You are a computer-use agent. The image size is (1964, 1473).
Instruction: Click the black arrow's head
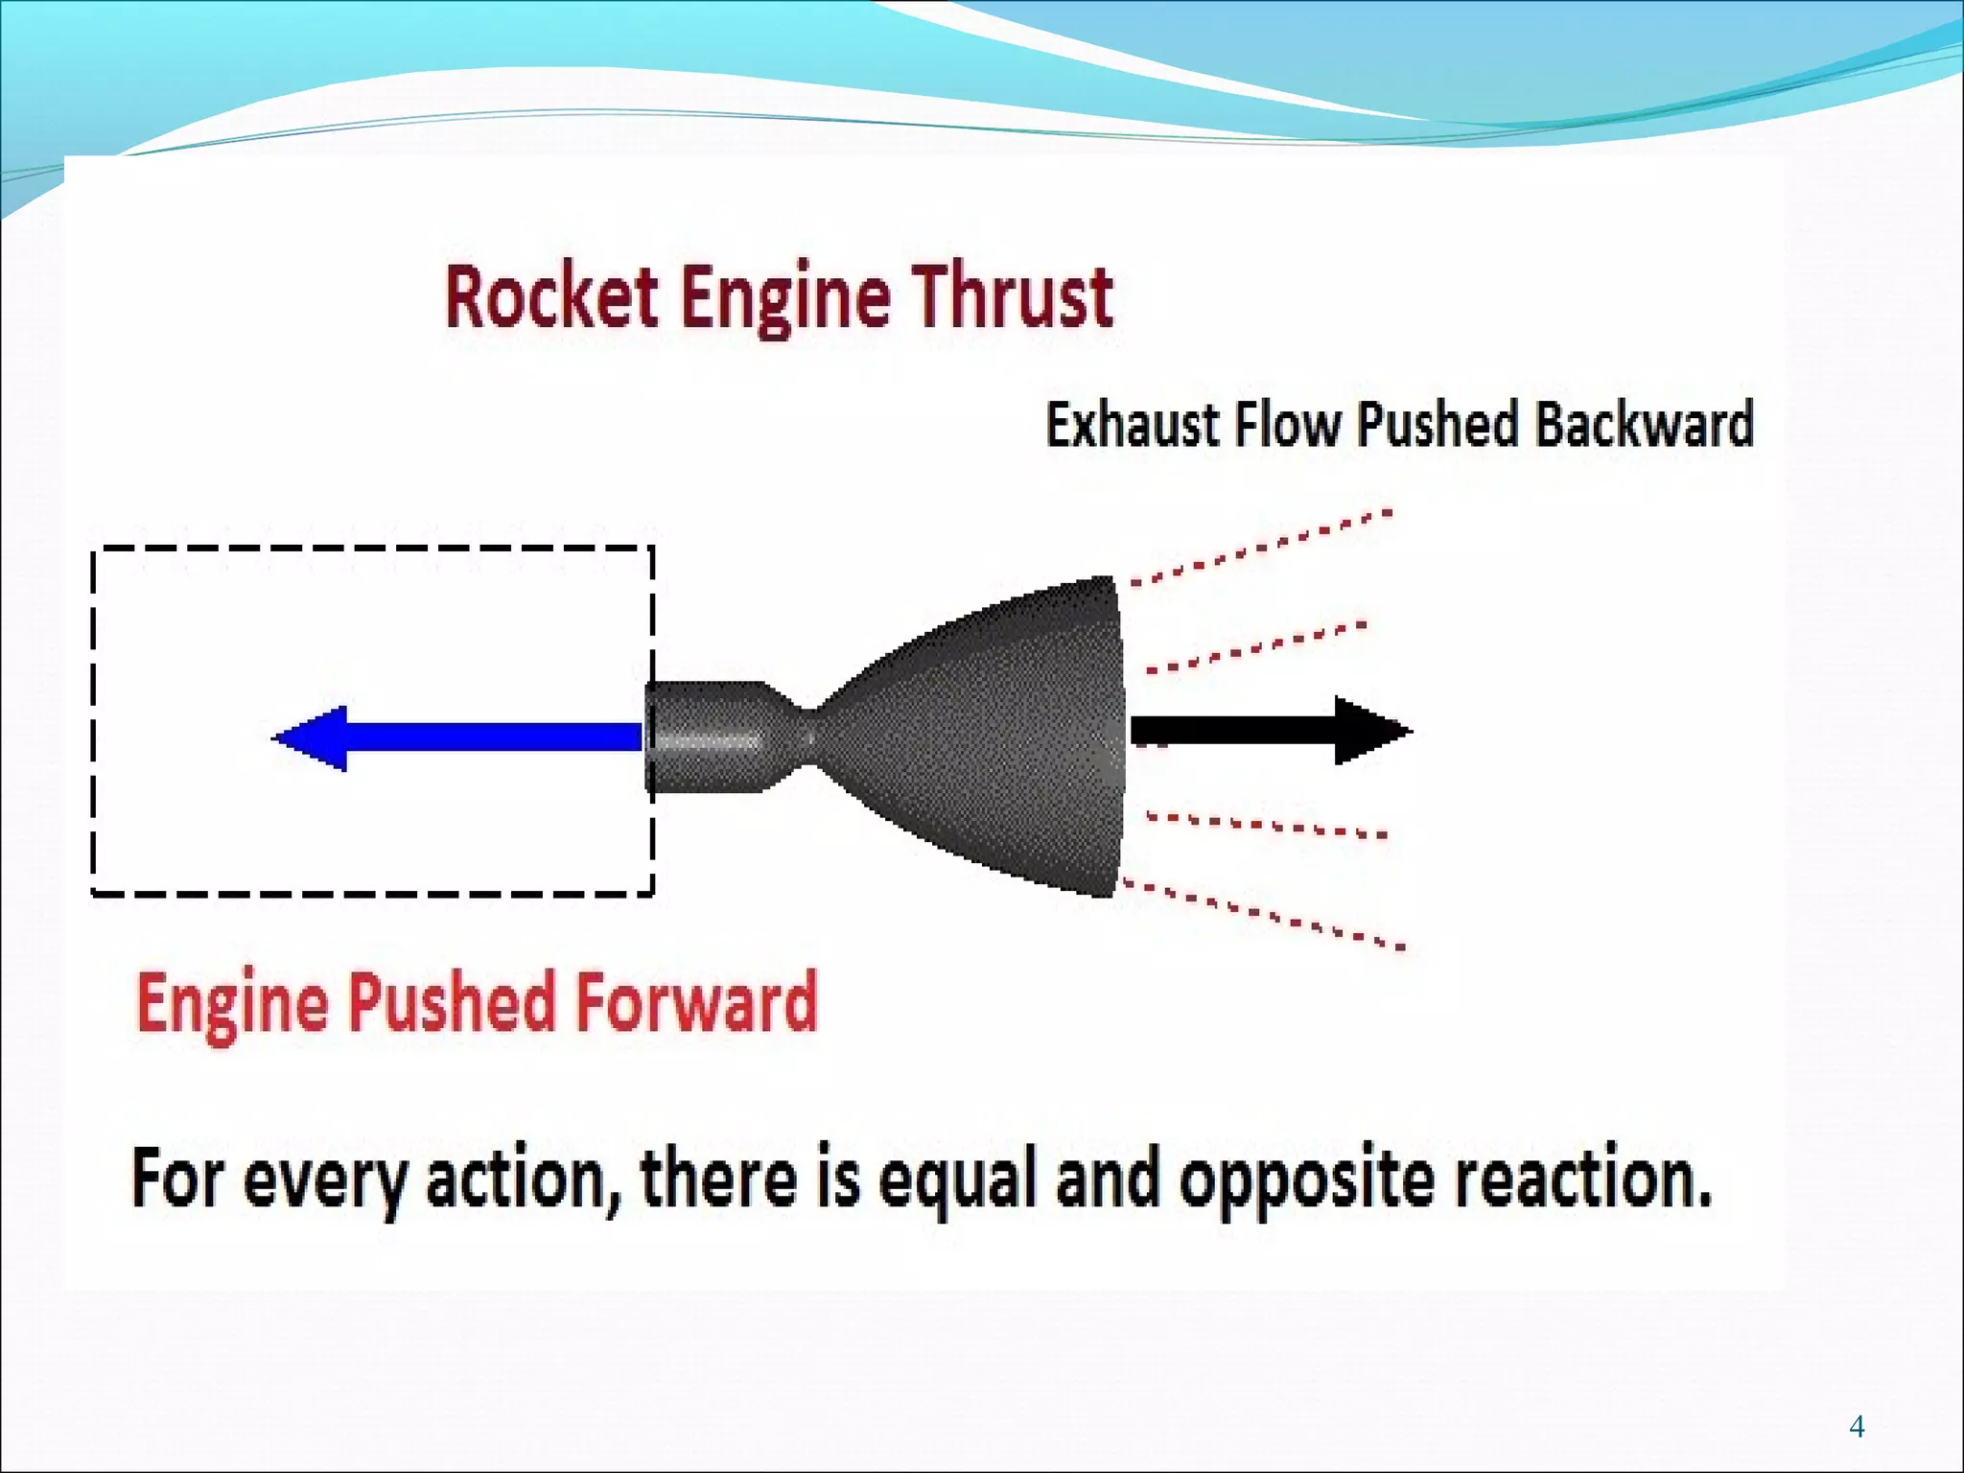point(1371,731)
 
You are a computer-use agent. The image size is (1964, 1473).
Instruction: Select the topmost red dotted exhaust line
point(1261,547)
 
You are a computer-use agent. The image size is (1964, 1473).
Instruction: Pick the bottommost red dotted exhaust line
point(1261,914)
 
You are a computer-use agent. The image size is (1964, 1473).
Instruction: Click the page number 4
point(1857,1426)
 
